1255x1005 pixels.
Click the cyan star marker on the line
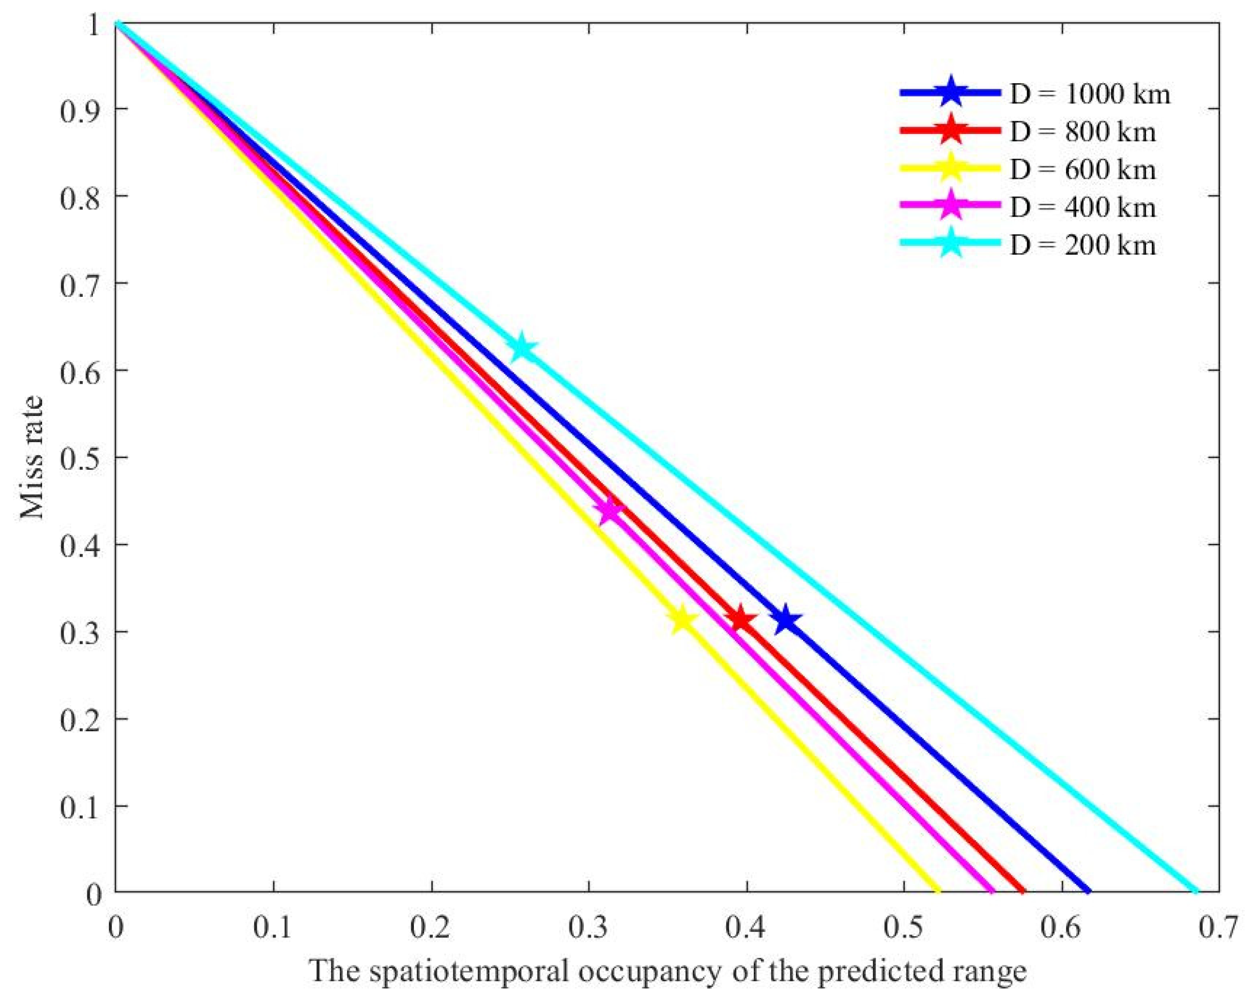[522, 348]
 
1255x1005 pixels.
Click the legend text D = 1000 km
[1090, 94]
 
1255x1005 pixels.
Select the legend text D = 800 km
[1082, 131]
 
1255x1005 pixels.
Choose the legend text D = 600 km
[1082, 169]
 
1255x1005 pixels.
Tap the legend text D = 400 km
[1082, 207]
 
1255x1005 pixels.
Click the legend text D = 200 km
[1082, 244]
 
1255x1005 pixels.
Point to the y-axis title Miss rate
[32, 457]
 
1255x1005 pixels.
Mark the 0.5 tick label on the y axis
[78, 458]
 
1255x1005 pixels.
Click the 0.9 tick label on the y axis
[78, 109]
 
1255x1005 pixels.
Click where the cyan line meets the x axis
[1197, 892]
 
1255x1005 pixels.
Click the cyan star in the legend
[950, 244]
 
